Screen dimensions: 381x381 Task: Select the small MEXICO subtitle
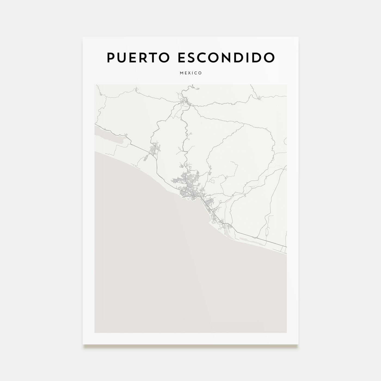pos(190,73)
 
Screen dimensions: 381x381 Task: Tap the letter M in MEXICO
pos(181,73)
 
